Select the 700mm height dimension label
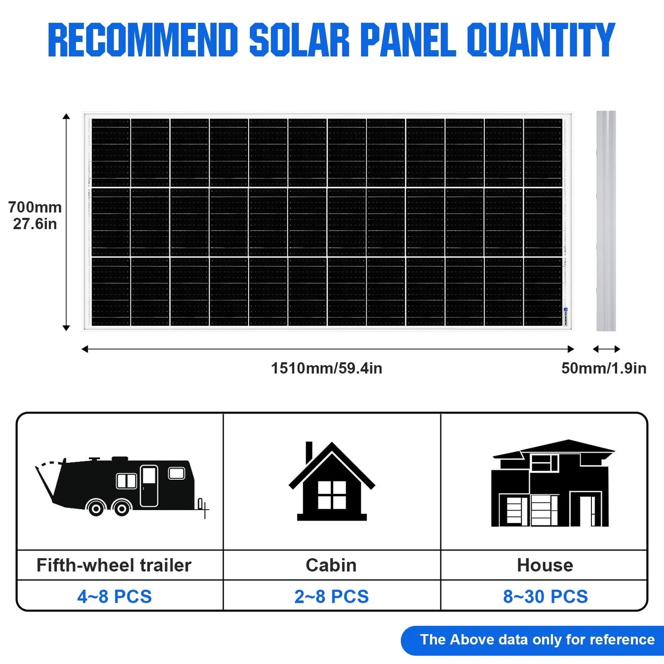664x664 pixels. [35, 207]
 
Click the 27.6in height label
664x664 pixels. [35, 224]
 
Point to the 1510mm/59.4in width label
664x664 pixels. [326, 368]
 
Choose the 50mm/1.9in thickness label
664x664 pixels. [603, 368]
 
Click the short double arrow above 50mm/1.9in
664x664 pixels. [606, 349]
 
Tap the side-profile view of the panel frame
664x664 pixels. [606, 221]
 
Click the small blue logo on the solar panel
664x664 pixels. [566, 310]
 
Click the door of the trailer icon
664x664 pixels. [149, 485]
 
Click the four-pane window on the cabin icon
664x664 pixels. [332, 495]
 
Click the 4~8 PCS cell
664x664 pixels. [114, 596]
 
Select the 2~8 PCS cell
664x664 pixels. [331, 596]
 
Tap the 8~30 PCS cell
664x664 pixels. [545, 596]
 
